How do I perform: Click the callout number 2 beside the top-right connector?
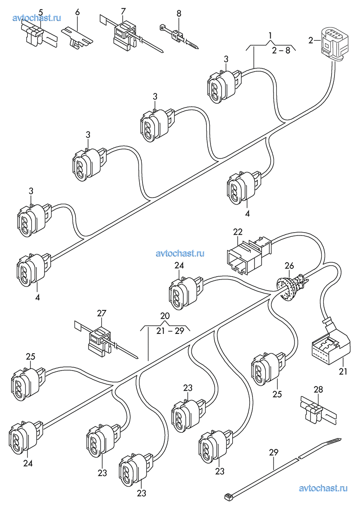311,40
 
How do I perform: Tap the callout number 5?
40,12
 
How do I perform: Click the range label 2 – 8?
281,51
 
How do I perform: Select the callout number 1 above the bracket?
270,35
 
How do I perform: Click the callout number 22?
238,232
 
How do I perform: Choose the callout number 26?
289,266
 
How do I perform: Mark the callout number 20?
165,316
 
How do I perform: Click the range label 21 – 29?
170,331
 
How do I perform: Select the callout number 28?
318,389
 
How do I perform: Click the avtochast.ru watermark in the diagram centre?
180,253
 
